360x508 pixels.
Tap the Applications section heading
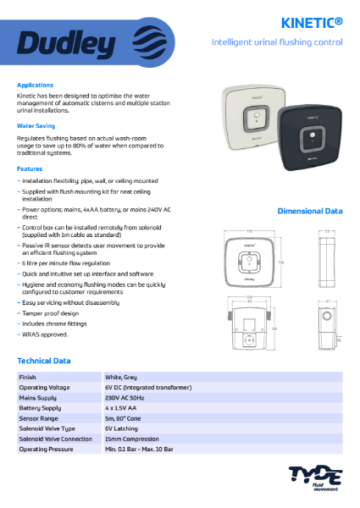(x=35, y=86)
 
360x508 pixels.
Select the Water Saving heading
(x=36, y=125)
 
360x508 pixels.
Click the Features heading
(x=30, y=168)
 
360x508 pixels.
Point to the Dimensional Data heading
(x=310, y=210)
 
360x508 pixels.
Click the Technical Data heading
(x=44, y=361)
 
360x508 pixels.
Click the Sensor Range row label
(x=38, y=418)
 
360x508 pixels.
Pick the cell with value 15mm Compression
(x=135, y=439)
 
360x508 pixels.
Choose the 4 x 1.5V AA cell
(x=124, y=407)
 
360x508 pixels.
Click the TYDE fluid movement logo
(x=313, y=477)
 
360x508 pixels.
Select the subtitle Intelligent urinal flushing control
(x=277, y=41)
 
